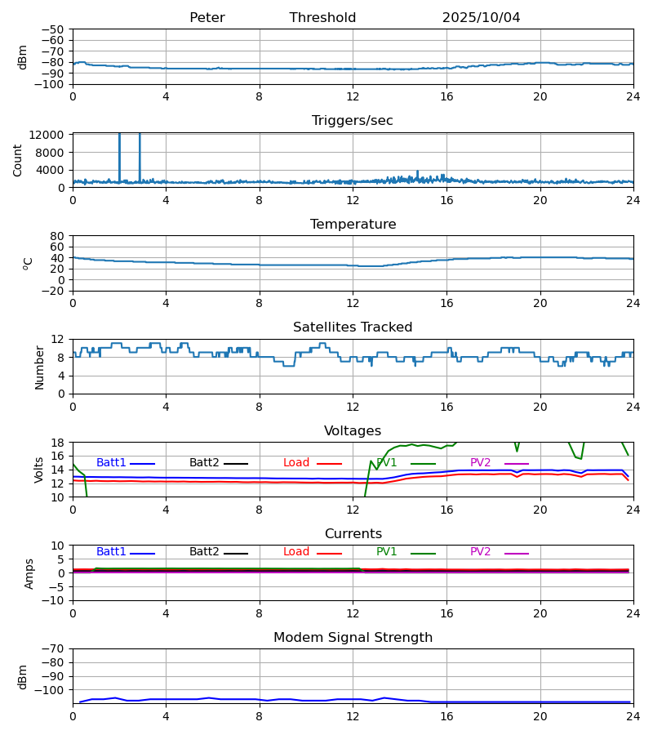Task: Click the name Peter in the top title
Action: (x=207, y=18)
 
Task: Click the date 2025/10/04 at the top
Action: (x=481, y=18)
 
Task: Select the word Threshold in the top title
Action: (x=322, y=18)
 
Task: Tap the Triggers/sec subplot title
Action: (x=353, y=121)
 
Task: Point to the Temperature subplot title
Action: (x=353, y=225)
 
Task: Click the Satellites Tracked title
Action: (x=353, y=327)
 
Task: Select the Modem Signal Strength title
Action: (x=353, y=638)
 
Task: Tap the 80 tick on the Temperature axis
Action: (x=58, y=236)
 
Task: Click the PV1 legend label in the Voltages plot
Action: (x=387, y=463)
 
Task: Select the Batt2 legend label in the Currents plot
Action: (x=204, y=552)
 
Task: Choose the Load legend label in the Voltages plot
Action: (x=296, y=463)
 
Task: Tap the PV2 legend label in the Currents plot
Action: (x=481, y=552)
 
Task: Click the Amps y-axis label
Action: (x=30, y=573)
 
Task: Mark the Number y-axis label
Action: (x=40, y=367)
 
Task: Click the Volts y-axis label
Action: (x=40, y=470)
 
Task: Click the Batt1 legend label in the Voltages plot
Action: (x=111, y=463)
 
